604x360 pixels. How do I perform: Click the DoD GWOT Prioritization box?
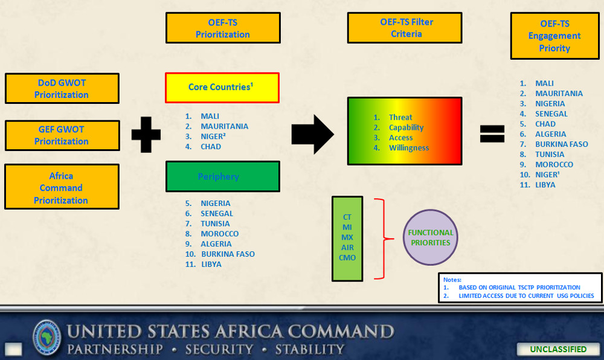[62, 89]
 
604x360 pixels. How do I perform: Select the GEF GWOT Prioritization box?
[62, 135]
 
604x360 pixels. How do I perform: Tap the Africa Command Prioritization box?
[62, 187]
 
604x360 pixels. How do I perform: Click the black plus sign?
[146, 134]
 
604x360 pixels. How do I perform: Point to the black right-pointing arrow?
[312, 134]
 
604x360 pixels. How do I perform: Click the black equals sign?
[492, 134]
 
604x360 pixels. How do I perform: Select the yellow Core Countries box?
[222, 88]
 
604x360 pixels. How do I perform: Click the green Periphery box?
[223, 176]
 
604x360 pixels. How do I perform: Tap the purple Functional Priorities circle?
[430, 237]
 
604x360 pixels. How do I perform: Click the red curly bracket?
[384, 239]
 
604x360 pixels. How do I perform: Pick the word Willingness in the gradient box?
[409, 148]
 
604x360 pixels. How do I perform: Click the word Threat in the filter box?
[400, 117]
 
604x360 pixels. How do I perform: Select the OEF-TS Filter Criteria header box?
[405, 28]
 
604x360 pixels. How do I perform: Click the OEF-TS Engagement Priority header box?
[554, 36]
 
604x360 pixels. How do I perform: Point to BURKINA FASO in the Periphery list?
[228, 254]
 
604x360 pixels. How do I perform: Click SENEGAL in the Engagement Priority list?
[551, 114]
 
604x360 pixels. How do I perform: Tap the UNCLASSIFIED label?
[558, 349]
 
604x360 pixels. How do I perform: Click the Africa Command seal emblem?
[47, 338]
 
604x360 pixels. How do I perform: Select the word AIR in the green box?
[347, 248]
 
